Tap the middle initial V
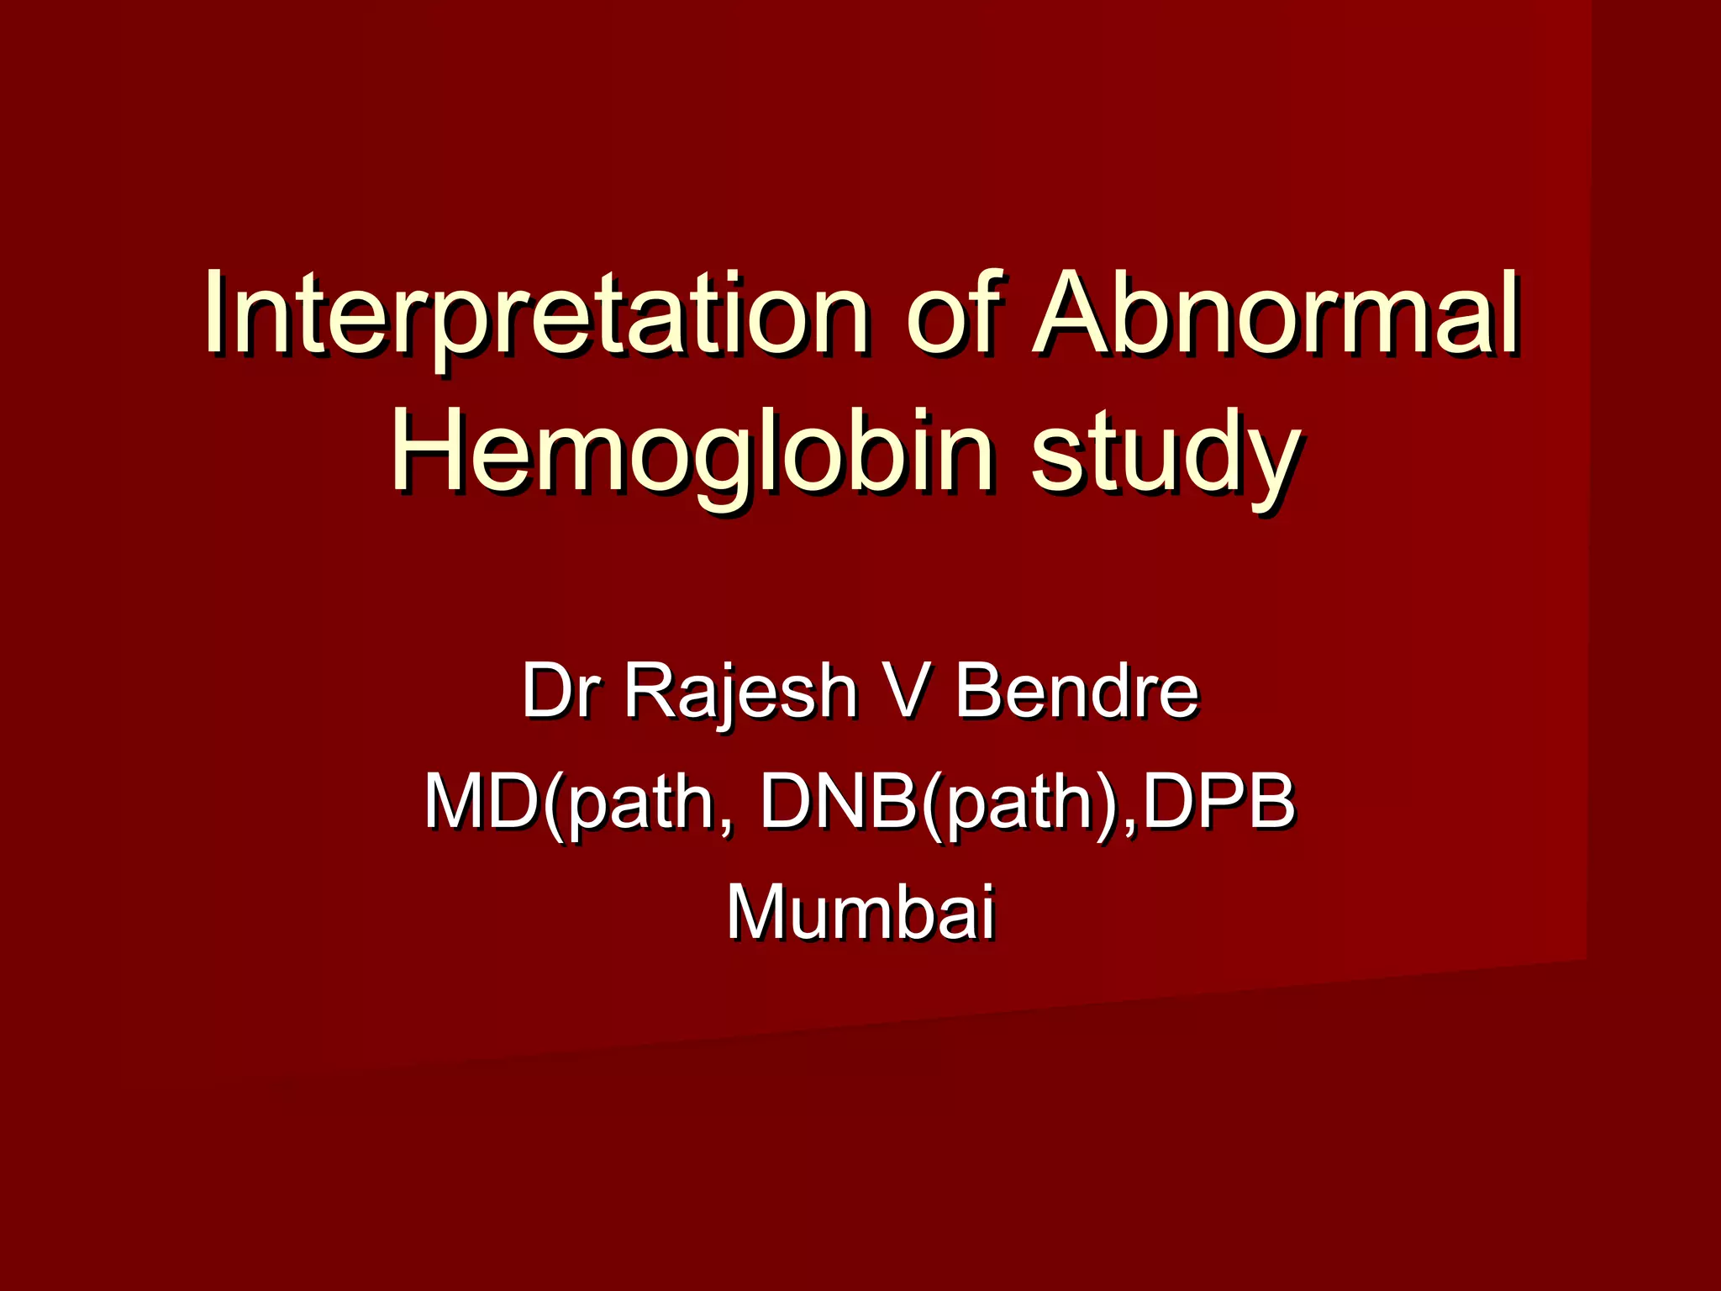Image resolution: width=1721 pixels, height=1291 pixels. click(x=906, y=691)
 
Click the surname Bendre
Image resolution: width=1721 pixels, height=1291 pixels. click(x=1076, y=691)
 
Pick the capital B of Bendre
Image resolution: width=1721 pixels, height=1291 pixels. click(x=979, y=691)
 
